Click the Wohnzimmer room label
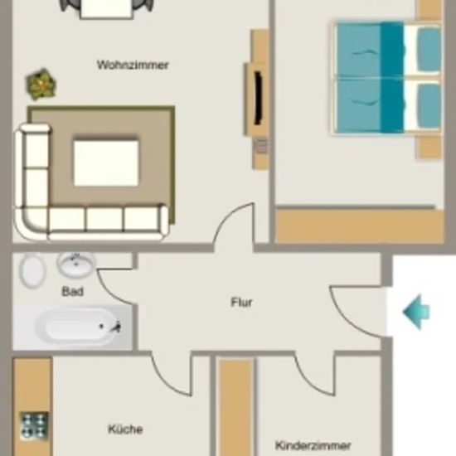133,65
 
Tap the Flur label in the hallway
241,303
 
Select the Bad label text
73,291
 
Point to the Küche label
125,429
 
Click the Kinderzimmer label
313,445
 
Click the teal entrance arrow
416,312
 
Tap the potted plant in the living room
41,85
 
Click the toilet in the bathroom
32,270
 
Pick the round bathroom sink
76,264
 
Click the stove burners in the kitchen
34,426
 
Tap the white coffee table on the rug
106,163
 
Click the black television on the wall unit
258,99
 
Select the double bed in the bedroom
387,77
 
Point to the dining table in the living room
106,9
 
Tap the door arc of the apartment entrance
350,316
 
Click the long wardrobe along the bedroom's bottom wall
360,225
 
